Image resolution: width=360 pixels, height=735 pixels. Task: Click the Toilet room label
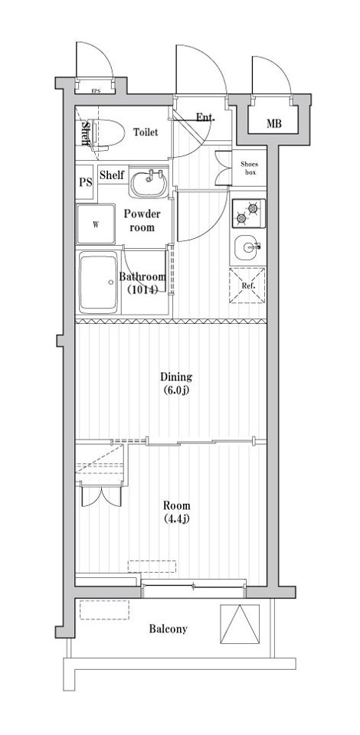pyautogui.click(x=146, y=132)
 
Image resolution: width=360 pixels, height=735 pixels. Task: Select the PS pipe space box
pyautogui.click(x=85, y=182)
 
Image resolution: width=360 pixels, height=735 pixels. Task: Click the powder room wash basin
pyautogui.click(x=148, y=184)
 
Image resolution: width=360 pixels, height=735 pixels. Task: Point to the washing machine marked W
pyautogui.click(x=96, y=224)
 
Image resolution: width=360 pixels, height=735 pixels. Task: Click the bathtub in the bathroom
pyautogui.click(x=98, y=283)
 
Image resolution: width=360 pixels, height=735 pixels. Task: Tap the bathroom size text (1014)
pyautogui.click(x=142, y=289)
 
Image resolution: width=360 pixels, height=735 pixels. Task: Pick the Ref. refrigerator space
pyautogui.click(x=247, y=286)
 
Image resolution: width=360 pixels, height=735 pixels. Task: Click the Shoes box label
pyautogui.click(x=250, y=168)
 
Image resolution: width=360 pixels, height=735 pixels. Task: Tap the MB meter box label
pyautogui.click(x=274, y=124)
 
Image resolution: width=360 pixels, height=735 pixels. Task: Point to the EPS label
pyautogui.click(x=96, y=91)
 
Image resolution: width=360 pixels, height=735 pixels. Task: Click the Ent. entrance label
pyautogui.click(x=205, y=117)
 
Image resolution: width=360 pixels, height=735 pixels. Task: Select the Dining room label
pyautogui.click(x=176, y=377)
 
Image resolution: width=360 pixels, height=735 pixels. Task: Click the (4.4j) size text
pyautogui.click(x=177, y=518)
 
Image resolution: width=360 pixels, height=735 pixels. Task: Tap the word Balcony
pyautogui.click(x=169, y=629)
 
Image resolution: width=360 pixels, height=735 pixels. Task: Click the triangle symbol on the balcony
pyautogui.click(x=240, y=623)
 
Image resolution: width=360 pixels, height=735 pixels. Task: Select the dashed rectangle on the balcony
pyautogui.click(x=104, y=609)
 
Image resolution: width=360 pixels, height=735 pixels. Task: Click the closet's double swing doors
pyautogui.click(x=102, y=496)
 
